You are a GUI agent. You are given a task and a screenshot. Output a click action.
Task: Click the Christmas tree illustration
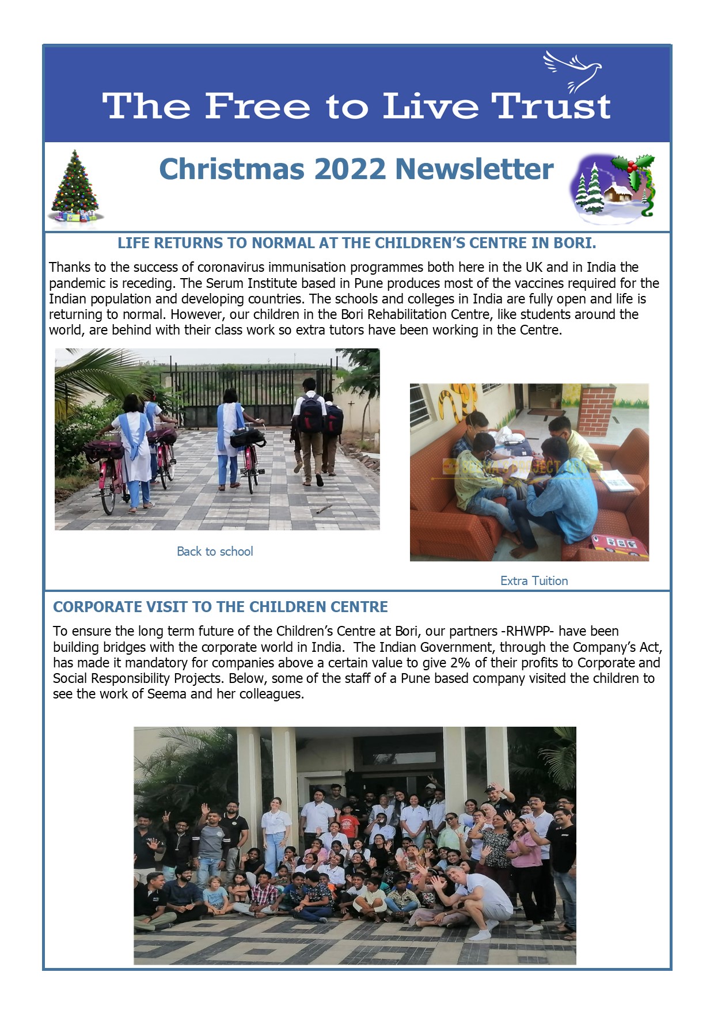point(75,186)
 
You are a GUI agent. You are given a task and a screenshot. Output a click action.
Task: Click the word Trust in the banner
point(550,107)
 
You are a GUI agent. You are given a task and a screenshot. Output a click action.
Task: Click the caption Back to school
point(215,552)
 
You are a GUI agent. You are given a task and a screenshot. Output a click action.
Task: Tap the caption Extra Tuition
point(534,581)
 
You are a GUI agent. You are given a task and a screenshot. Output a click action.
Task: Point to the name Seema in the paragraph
point(167,694)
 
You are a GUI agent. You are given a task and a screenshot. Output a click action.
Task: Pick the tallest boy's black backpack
point(311,413)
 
